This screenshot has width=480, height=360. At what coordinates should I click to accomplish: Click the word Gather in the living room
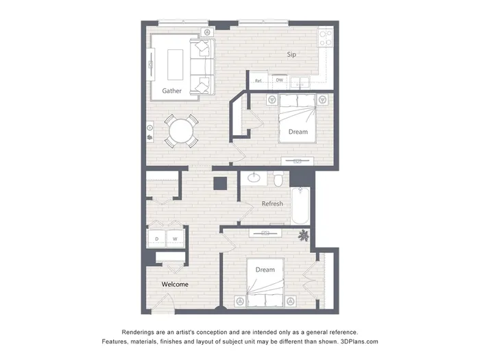click(x=171, y=91)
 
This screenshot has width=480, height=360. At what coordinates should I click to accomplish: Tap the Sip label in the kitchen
click(x=291, y=54)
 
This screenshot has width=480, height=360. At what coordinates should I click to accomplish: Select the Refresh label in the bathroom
click(x=272, y=204)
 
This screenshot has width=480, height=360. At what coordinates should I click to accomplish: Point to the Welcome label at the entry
click(x=175, y=285)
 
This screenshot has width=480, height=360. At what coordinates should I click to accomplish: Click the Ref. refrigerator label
click(x=259, y=81)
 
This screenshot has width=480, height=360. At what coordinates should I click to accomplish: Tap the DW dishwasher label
click(x=280, y=80)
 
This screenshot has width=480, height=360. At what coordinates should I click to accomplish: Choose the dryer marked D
click(x=157, y=239)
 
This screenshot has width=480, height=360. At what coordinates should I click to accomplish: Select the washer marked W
click(x=175, y=239)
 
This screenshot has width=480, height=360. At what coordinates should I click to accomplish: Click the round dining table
click(x=181, y=132)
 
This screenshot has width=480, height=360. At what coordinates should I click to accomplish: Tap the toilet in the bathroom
click(x=278, y=179)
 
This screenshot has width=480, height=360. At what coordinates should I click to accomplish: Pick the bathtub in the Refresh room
click(x=300, y=206)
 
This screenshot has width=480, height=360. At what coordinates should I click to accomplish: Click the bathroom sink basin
click(x=254, y=177)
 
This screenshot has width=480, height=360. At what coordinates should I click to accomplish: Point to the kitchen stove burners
click(x=326, y=38)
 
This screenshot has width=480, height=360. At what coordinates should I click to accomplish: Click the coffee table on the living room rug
click(x=176, y=65)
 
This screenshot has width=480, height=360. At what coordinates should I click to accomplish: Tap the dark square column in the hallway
click(x=220, y=183)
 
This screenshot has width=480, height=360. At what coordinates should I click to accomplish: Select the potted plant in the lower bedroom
click(x=303, y=235)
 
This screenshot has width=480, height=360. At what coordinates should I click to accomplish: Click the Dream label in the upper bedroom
click(x=298, y=132)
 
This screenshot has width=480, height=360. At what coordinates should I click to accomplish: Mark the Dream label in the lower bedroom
click(x=265, y=269)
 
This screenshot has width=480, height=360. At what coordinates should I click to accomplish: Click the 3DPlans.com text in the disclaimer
click(x=359, y=341)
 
